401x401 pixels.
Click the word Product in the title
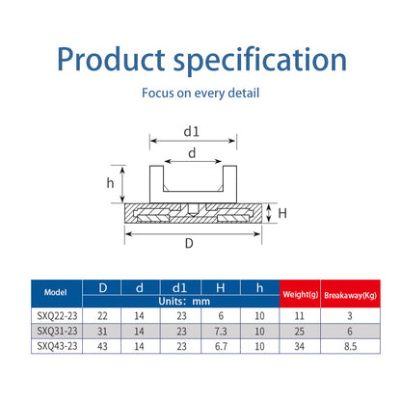111,59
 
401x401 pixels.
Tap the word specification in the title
260,61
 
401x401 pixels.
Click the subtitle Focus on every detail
200,94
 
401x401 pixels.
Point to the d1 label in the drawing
192,131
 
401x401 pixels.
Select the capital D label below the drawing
189,243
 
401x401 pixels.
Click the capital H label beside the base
282,213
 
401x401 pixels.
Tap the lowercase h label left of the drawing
110,183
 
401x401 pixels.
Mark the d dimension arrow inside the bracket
193,161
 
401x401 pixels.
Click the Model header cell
57,294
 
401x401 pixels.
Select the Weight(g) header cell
300,294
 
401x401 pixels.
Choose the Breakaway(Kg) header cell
351,294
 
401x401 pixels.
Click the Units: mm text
184,302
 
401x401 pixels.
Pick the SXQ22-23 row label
57,316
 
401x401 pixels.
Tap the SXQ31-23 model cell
57,331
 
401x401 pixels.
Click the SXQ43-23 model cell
57,346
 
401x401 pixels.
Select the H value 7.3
221,332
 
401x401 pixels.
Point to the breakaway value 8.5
350,346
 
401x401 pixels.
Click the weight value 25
300,332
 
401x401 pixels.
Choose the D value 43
102,346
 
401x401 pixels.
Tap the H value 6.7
221,346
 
